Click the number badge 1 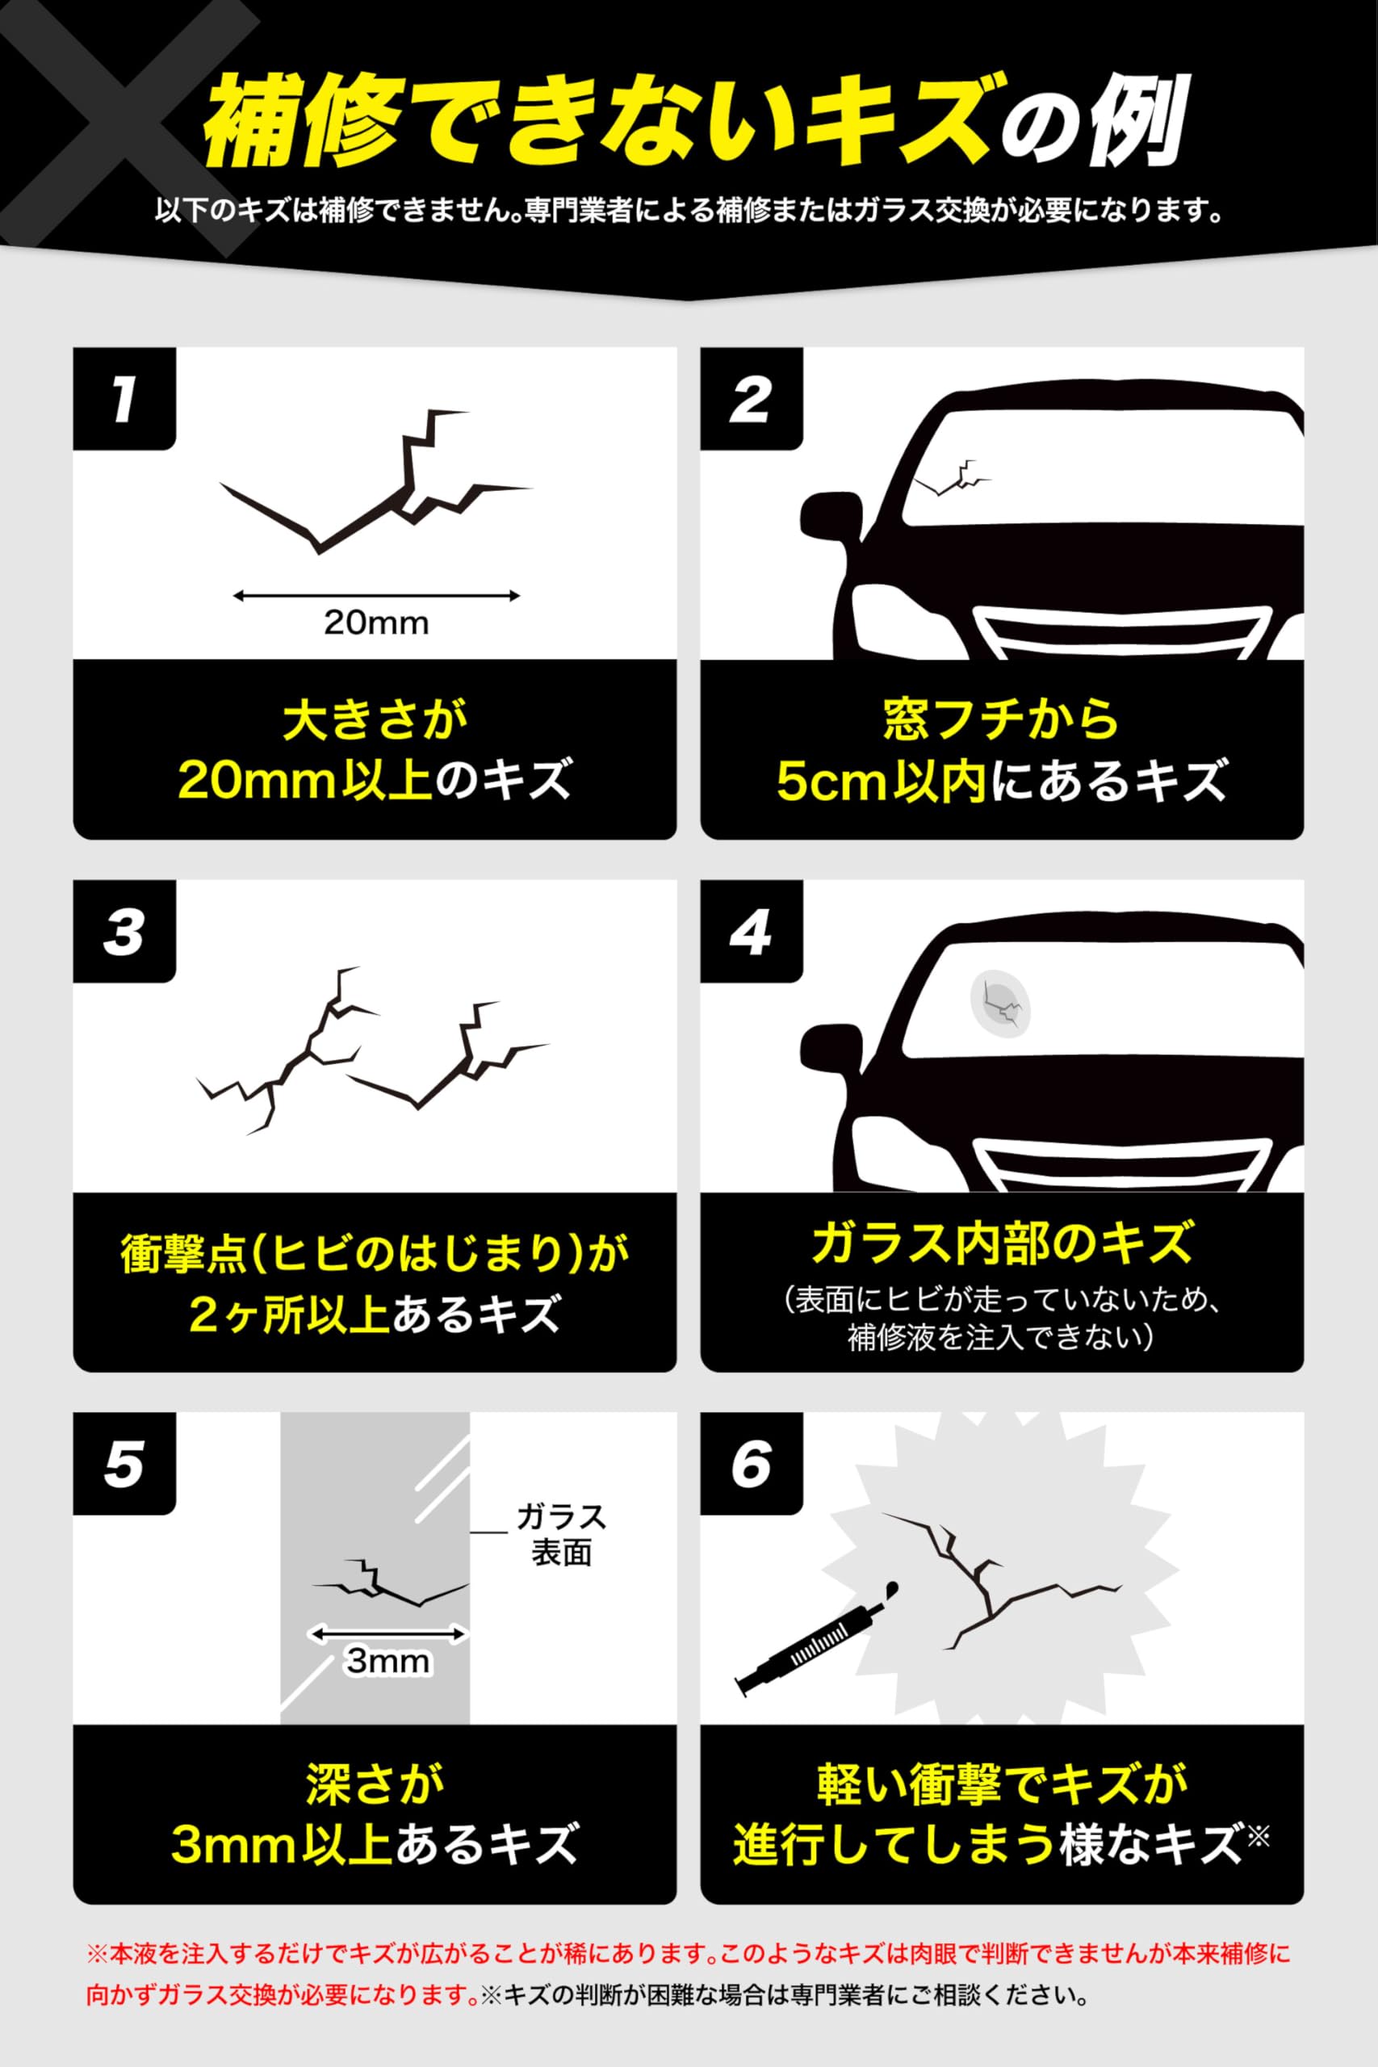[123, 400]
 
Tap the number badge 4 [751, 932]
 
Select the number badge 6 [751, 1464]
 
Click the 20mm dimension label [376, 623]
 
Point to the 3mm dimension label [387, 1660]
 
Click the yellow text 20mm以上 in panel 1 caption [305, 782]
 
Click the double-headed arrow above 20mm [376, 596]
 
